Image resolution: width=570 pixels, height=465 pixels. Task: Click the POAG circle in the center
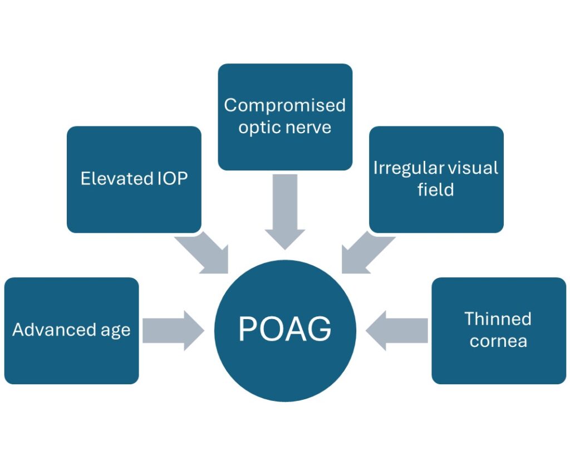coord(285,330)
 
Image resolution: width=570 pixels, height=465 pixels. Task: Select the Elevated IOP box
coord(134,179)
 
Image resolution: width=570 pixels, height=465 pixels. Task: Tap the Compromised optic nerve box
coord(285,116)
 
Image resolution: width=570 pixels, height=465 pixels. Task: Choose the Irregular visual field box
coord(436,179)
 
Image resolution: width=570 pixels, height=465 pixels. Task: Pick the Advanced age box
coord(71,330)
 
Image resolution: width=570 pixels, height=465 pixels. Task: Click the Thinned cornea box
coord(498,330)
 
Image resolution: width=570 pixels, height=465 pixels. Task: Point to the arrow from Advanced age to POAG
coord(172,330)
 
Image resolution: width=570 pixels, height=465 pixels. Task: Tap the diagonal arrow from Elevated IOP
coord(204,253)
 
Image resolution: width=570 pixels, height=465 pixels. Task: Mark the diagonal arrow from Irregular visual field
coord(366,253)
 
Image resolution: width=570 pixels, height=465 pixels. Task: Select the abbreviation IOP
coord(170,179)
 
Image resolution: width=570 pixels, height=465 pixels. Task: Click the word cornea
coord(498,341)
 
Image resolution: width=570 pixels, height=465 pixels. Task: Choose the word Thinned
coord(498,319)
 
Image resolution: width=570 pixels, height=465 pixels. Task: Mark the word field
coord(436,190)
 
